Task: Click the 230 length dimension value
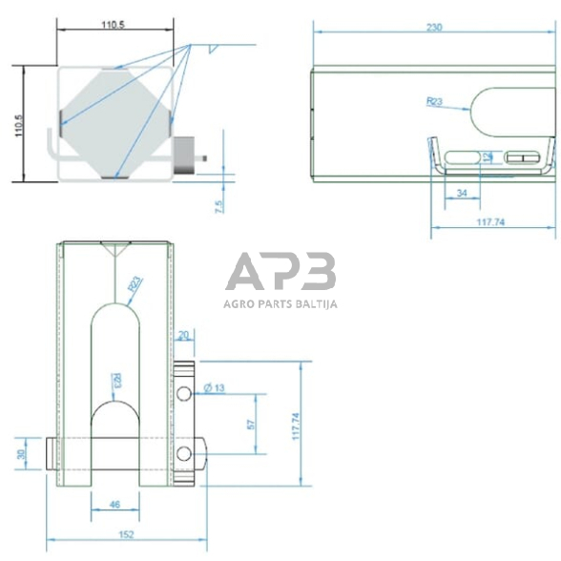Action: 433,27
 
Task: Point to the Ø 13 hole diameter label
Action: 216,387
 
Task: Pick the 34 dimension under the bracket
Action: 463,193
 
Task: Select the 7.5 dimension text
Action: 219,205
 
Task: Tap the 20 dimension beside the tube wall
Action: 185,334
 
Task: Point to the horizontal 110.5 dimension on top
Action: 113,26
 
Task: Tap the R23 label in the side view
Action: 434,99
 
